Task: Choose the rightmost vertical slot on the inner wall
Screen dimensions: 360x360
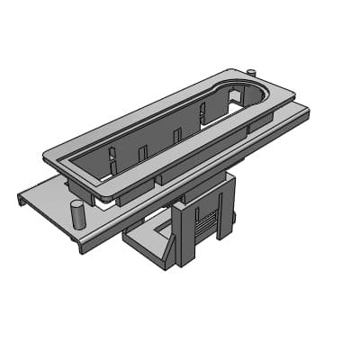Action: click(202, 113)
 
